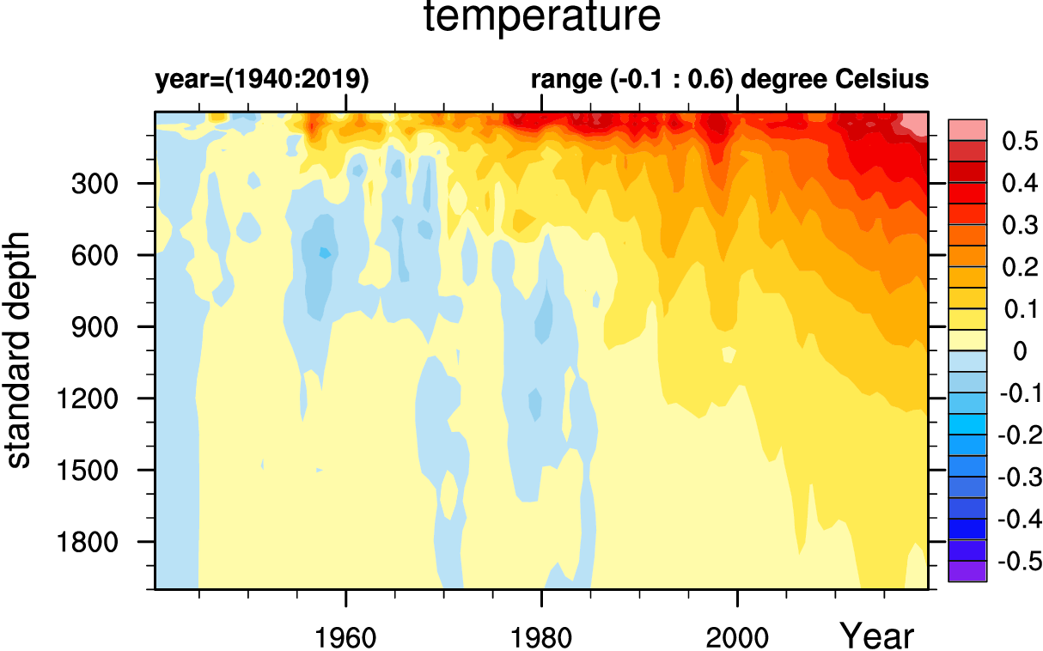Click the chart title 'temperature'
(543, 18)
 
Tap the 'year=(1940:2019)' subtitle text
(261, 80)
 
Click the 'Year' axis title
(876, 636)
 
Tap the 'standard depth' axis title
(19, 349)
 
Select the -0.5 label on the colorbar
(1019, 562)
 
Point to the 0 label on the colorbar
(1019, 351)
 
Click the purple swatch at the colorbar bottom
(967, 571)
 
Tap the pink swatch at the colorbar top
(967, 129)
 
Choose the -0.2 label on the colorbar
(1019, 435)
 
